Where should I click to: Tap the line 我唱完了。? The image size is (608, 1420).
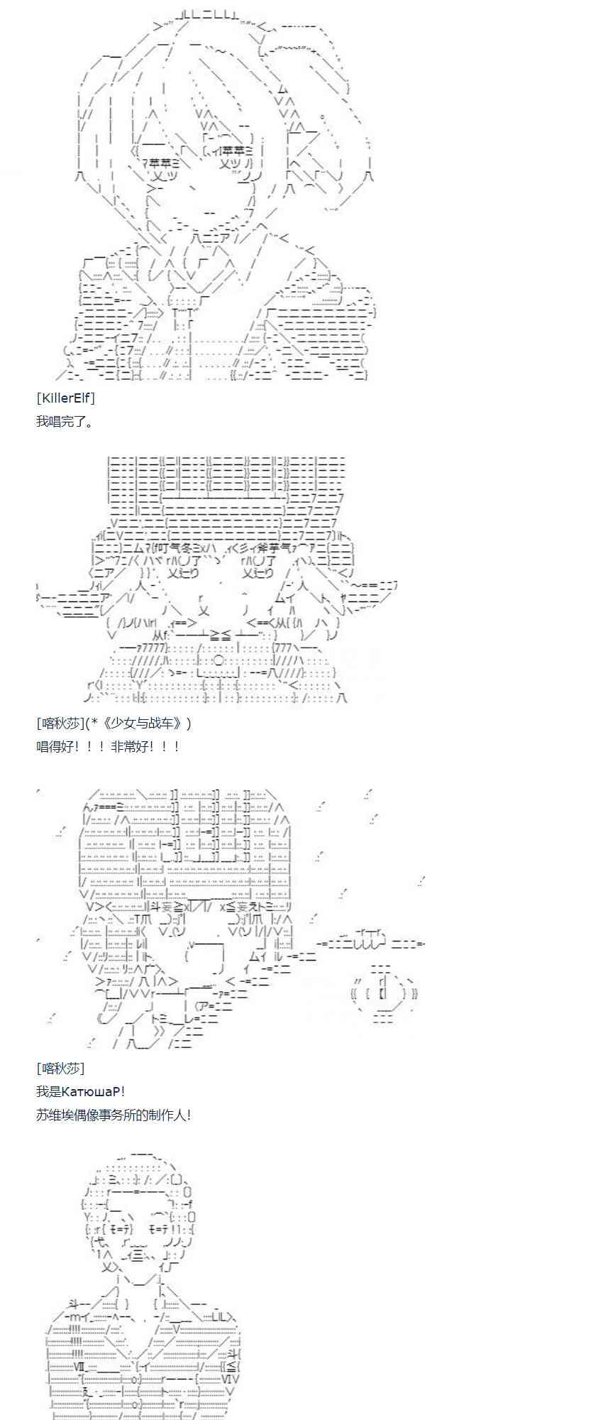pyautogui.click(x=65, y=421)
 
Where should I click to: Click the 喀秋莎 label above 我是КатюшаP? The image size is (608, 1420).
pyautogui.click(x=60, y=1068)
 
